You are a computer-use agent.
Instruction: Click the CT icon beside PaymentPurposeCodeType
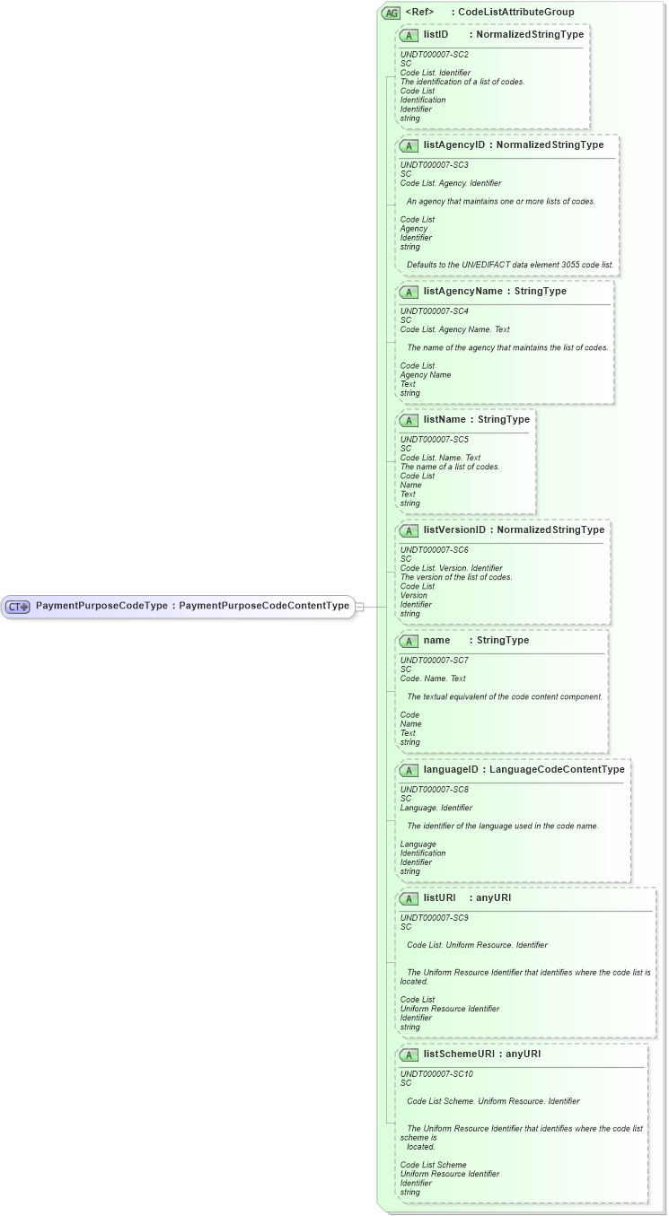pos(18,607)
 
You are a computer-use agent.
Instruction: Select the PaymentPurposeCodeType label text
pos(101,606)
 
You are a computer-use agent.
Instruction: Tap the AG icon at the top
pos(392,13)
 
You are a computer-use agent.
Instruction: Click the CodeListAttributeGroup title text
pos(516,12)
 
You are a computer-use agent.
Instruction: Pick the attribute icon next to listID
pos(409,35)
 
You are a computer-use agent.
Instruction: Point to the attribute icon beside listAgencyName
pos(409,292)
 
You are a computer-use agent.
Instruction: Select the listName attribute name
pos(444,419)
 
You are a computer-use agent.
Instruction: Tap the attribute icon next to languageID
pos(409,770)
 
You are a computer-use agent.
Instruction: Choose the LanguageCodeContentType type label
pos(557,770)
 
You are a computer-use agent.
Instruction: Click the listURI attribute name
pos(440,897)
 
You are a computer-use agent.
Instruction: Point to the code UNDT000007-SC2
pos(435,55)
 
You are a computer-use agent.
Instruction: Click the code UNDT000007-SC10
pos(436,1073)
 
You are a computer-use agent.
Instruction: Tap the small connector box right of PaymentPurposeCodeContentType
pos(359,607)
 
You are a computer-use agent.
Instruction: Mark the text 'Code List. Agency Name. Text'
pos(454,329)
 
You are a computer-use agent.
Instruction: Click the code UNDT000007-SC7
pos(435,660)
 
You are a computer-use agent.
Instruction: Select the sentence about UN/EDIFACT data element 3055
pos(510,265)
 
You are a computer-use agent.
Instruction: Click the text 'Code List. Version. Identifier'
pos(451,568)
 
